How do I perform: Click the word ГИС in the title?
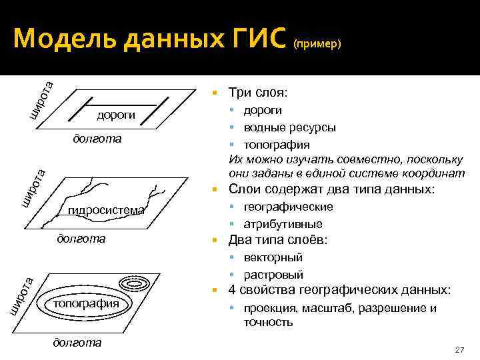point(251,40)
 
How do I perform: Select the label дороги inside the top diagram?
point(116,115)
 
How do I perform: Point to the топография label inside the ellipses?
point(86,303)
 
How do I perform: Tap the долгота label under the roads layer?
point(97,139)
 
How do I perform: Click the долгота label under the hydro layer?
point(82,238)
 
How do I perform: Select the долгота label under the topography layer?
point(77,342)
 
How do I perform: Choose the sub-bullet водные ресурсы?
point(289,127)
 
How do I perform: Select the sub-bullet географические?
point(288,207)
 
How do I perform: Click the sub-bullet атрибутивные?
point(283,224)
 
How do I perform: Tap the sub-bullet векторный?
point(273,257)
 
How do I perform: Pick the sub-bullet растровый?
point(273,275)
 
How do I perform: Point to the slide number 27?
point(458,350)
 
